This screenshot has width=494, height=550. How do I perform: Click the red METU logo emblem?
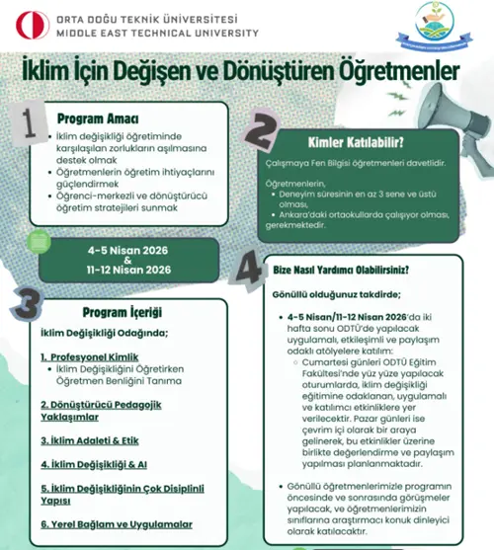(x=19, y=22)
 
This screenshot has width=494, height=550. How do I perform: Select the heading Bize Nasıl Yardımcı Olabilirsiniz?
(x=341, y=270)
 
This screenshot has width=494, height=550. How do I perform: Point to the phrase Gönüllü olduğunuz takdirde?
(x=328, y=294)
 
